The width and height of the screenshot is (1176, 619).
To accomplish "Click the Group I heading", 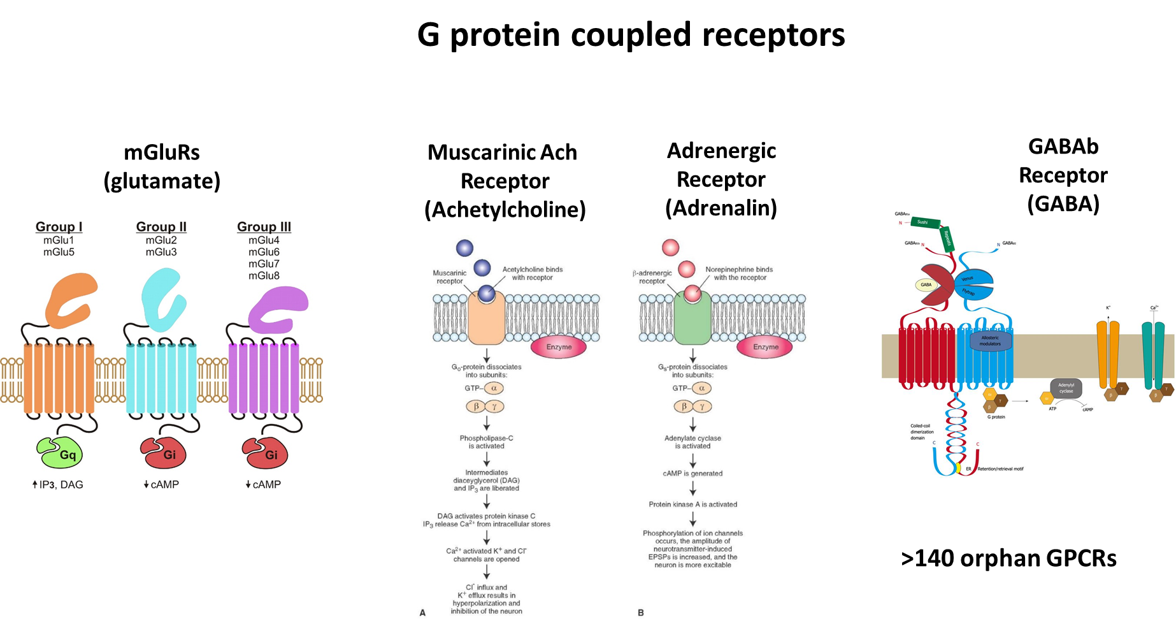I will pyautogui.click(x=59, y=227).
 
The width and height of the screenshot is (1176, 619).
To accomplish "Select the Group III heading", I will pyautogui.click(x=264, y=227).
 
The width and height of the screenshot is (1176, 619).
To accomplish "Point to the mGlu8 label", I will pyautogui.click(x=264, y=276).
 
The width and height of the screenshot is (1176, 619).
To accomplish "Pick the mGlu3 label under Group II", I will pyautogui.click(x=161, y=252).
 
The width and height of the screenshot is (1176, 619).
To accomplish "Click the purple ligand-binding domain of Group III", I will pyautogui.click(x=278, y=310).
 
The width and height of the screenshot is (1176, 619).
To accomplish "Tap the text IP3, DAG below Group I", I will pyautogui.click(x=58, y=484).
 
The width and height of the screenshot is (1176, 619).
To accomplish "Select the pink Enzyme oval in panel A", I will pyautogui.click(x=559, y=347).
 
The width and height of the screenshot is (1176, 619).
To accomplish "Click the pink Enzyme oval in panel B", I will pyautogui.click(x=765, y=347).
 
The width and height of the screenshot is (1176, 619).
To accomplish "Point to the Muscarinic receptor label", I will pyautogui.click(x=450, y=277).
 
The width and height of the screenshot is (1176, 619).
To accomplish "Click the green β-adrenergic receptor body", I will pyautogui.click(x=692, y=322).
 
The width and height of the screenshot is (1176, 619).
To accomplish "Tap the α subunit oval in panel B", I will pyautogui.click(x=701, y=388).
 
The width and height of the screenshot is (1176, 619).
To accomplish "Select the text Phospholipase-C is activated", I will pyautogui.click(x=486, y=442).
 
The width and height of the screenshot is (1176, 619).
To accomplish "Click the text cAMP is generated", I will pyautogui.click(x=692, y=474).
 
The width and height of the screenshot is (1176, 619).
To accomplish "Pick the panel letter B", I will pyautogui.click(x=641, y=613).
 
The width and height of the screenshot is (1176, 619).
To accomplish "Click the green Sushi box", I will pyautogui.click(x=922, y=222).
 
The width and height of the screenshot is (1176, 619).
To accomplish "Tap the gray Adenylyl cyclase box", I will pyautogui.click(x=1066, y=388).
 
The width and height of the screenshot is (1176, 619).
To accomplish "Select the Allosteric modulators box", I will pyautogui.click(x=990, y=340).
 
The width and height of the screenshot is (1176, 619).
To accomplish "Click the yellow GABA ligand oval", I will pyautogui.click(x=926, y=284).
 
